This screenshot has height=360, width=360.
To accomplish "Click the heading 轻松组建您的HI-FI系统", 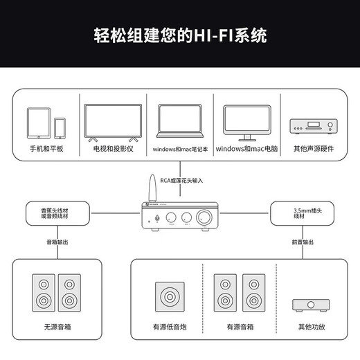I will [180, 35].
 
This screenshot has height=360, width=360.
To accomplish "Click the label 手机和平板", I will [46, 149].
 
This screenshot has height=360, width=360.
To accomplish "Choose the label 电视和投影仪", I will [112, 149].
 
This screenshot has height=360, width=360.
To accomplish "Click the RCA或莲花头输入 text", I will [181, 180].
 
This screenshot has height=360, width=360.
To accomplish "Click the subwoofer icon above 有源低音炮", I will [170, 298].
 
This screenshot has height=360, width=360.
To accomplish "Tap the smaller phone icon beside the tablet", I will [60, 127].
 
